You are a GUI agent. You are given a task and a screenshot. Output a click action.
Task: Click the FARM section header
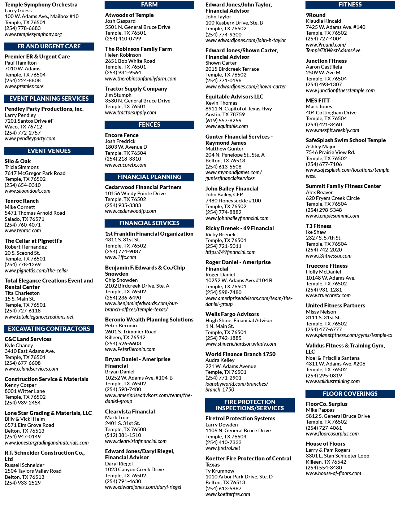149,5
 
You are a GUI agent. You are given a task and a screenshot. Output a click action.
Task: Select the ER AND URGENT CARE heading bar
49,46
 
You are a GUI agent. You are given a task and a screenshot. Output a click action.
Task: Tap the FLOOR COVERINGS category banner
350,394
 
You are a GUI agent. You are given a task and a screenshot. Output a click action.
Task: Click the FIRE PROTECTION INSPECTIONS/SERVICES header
250,405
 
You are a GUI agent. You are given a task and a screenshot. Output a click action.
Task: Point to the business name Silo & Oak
18,161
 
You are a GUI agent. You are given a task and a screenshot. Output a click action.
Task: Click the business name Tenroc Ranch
22,201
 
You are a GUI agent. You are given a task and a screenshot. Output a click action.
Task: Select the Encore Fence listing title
122,135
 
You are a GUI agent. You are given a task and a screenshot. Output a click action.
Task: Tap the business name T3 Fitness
319,226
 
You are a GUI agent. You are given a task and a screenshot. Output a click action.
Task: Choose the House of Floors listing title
325,444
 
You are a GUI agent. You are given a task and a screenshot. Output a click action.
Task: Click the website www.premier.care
24,86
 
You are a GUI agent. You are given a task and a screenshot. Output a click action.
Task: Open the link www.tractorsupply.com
130,113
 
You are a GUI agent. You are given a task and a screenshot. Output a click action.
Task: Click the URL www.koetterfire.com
228,494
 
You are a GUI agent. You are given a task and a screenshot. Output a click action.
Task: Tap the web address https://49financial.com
230,252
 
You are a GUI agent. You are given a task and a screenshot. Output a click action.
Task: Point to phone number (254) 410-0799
123,39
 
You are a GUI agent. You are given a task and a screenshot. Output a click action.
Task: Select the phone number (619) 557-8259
223,121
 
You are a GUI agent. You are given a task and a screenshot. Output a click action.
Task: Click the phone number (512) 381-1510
123,435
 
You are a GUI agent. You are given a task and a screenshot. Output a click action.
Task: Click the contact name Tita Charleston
22,293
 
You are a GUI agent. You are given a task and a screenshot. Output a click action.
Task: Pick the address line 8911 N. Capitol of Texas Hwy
239,109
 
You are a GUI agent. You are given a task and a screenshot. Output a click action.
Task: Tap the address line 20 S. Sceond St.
22,253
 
